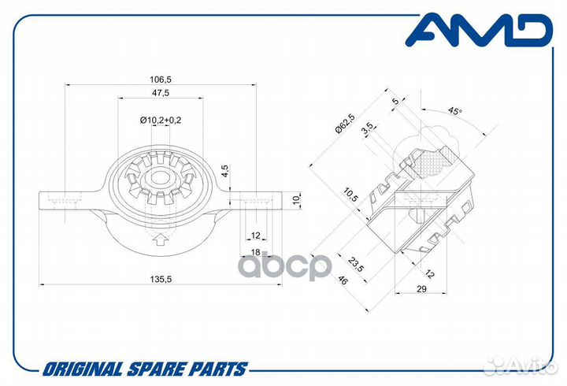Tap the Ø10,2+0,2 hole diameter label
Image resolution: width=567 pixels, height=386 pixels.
160,120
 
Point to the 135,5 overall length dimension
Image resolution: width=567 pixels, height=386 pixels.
160,278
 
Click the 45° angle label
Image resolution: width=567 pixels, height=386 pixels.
454,112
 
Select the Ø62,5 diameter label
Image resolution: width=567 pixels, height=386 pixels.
343,126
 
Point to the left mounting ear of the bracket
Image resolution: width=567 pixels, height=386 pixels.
63,201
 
